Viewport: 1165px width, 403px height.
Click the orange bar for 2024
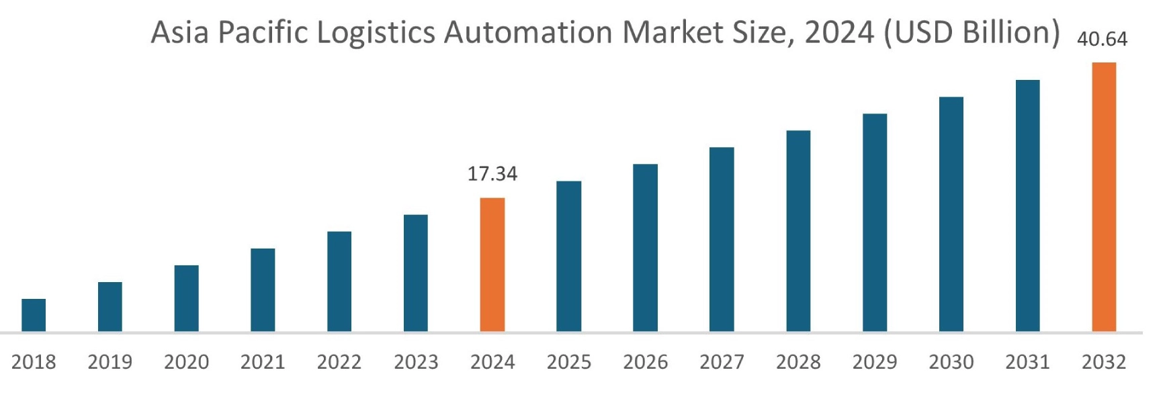pos(492,265)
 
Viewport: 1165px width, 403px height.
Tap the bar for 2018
pos(34,315)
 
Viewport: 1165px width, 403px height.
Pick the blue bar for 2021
pos(263,290)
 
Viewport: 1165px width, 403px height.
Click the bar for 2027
pos(722,239)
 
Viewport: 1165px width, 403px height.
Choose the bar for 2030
pos(951,214)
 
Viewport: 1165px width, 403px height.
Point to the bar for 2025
pos(568,256)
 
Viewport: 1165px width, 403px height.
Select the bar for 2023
pos(416,273)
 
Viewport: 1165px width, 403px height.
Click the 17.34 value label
pos(492,174)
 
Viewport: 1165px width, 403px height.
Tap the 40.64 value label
pos(1102,40)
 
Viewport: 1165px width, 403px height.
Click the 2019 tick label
pos(110,362)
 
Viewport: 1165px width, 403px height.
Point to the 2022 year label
pos(339,362)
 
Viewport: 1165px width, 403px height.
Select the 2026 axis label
pos(645,362)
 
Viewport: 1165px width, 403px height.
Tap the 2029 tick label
pos(875,362)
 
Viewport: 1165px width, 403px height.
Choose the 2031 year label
pos(1027,362)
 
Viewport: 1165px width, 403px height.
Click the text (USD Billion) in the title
pos(971,33)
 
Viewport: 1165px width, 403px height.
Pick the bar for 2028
pos(798,231)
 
